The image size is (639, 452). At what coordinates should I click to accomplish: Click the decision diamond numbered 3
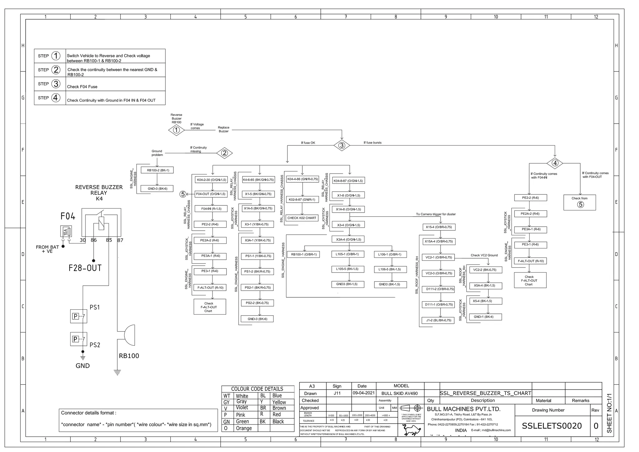coord(342,145)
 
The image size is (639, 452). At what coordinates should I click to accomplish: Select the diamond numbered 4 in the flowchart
coord(555,163)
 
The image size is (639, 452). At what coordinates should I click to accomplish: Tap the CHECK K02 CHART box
coord(302,218)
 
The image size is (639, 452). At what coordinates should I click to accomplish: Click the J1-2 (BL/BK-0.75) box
coord(438,320)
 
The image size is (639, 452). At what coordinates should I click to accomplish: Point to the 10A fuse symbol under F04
coord(66,232)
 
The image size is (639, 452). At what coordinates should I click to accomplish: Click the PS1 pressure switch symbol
coord(78,316)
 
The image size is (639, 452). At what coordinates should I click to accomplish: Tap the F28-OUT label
coord(85,268)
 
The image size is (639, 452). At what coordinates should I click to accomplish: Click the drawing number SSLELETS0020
coord(552,426)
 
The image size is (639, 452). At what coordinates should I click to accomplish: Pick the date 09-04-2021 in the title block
coord(363,393)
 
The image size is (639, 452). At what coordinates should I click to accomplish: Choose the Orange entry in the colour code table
coord(244,428)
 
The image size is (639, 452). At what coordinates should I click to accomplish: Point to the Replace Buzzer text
coord(223,129)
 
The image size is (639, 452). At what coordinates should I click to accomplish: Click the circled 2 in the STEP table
coord(56,70)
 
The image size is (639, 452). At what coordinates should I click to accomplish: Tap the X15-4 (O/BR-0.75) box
coord(439,227)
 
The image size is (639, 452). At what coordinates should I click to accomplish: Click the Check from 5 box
coord(579,202)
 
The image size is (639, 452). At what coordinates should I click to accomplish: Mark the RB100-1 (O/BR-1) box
coord(304,254)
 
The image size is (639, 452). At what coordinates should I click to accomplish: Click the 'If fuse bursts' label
coord(372,143)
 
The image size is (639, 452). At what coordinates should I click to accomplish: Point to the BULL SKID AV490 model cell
coord(400,393)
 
